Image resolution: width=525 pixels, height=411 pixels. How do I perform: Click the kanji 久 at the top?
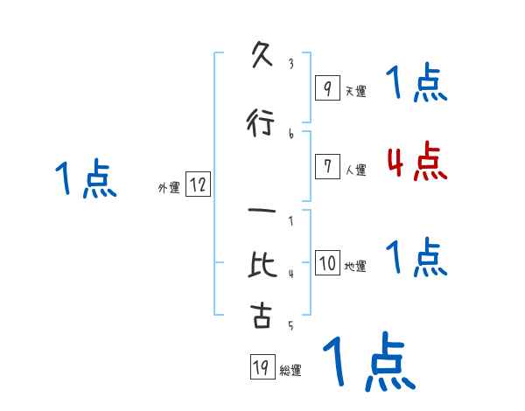point(260,59)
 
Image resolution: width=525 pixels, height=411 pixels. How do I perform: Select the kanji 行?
point(260,123)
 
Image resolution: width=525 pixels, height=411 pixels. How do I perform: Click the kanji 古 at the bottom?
point(261,316)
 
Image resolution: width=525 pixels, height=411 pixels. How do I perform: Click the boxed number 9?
point(326,88)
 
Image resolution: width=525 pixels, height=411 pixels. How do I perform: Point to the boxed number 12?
point(198,185)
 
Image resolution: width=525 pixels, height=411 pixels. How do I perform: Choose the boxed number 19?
point(260,368)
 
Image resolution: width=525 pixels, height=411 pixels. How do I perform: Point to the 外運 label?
point(169,188)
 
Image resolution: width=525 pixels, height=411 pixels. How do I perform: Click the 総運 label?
point(290,371)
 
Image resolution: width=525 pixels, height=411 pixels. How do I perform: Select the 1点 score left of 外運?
point(86,179)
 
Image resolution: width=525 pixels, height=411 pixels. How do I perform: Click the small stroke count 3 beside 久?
point(290,64)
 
